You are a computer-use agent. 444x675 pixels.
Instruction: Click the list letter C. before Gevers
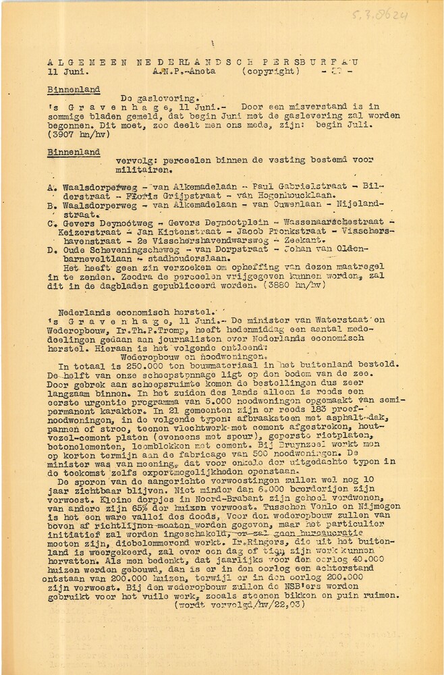pyautogui.click(x=52, y=221)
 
